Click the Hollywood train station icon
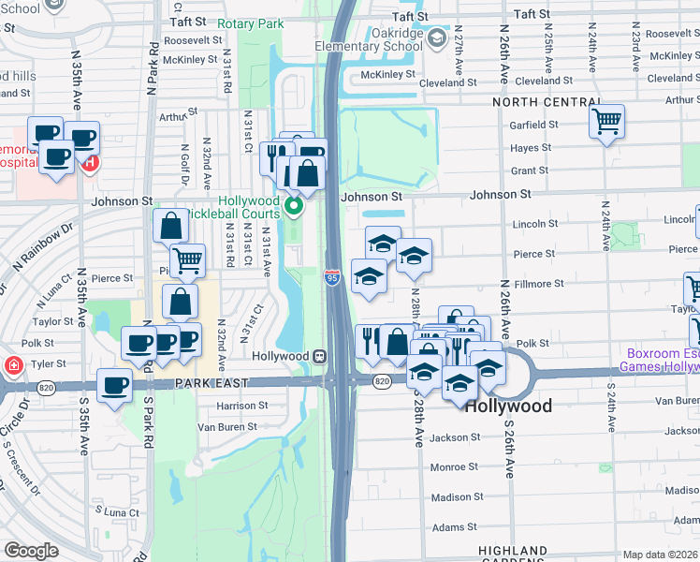(x=320, y=356)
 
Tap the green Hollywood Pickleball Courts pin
(x=294, y=206)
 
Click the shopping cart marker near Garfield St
(x=606, y=120)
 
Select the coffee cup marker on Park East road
(x=115, y=385)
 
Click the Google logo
(x=31, y=551)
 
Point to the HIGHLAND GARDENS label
(x=512, y=551)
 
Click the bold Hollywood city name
(x=508, y=407)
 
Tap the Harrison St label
(x=242, y=406)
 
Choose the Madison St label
(x=457, y=497)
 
